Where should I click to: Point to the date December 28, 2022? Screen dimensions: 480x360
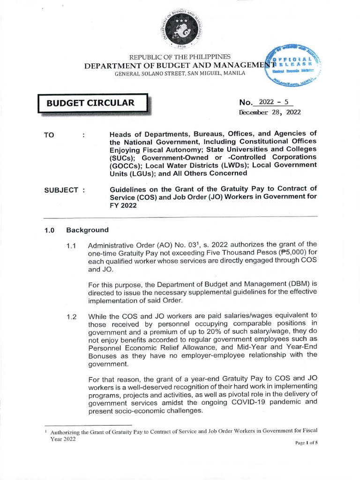click(x=270, y=112)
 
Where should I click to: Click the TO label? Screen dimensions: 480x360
click(x=49, y=135)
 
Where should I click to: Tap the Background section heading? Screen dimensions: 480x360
click(x=87, y=230)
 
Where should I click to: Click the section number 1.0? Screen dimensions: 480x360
click(x=50, y=230)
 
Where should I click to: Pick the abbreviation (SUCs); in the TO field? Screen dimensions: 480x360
click(x=123, y=157)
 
